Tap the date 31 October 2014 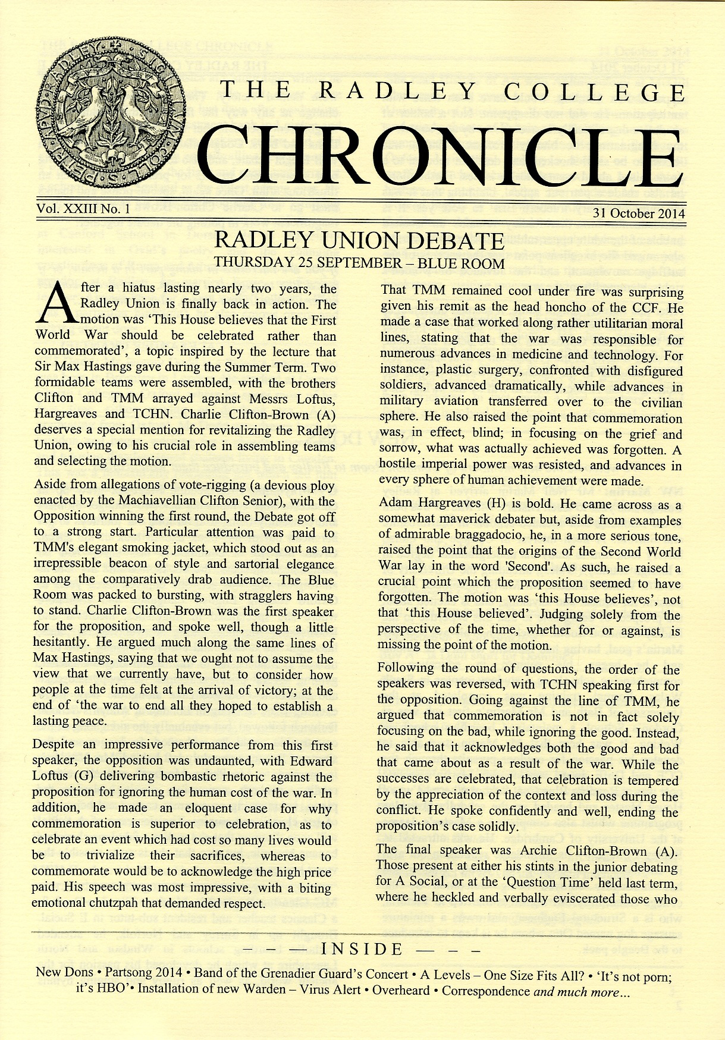(639, 214)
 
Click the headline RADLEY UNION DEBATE (359, 241)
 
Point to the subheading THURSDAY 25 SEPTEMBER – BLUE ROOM (359, 262)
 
